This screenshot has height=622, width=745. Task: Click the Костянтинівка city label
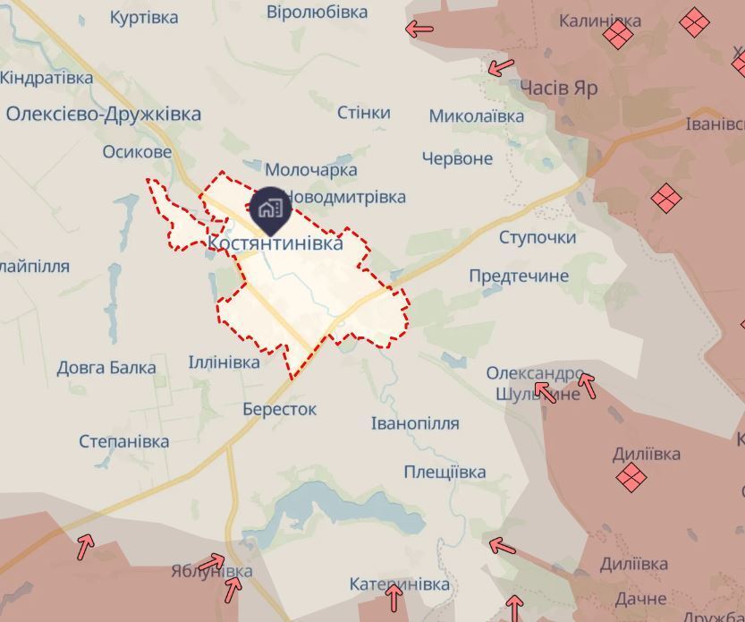pos(275,243)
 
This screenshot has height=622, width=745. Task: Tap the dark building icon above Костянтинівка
pos(270,209)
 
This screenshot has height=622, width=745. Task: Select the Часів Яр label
pos(558,88)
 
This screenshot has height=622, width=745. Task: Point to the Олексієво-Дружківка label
pos(104,114)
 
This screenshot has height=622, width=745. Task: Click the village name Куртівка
pos(144,17)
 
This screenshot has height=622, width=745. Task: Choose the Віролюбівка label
pos(317,12)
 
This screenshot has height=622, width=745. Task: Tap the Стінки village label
pos(364,112)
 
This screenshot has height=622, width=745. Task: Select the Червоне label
pos(457,158)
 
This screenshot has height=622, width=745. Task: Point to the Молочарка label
pos(311,169)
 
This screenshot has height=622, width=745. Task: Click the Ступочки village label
pos(538,237)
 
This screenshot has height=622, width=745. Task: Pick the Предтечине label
pos(519,276)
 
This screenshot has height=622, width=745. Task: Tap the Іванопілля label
pos(415,422)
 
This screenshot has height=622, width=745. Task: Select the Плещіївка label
pos(444,472)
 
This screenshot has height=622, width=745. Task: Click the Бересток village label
pos(279,409)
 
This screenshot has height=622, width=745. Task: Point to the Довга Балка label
pos(106,367)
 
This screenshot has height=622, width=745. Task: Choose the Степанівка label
pos(124,441)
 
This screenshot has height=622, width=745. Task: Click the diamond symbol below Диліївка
pos(632,478)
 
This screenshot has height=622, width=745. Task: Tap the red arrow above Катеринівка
pos(394,598)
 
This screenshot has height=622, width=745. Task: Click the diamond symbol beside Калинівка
pos(618,36)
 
